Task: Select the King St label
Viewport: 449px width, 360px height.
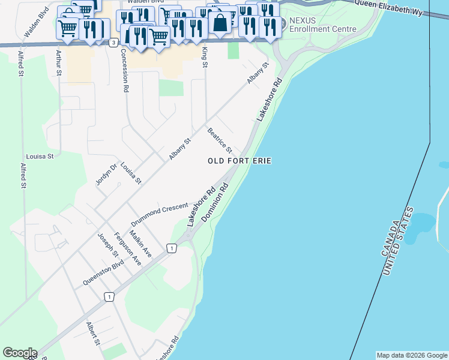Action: (205, 57)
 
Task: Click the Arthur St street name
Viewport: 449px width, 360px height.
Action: (58, 62)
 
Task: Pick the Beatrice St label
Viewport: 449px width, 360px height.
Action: (220, 139)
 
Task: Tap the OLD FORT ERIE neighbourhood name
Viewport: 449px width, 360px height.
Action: (240, 161)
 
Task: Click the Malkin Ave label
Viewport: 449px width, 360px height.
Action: (140, 245)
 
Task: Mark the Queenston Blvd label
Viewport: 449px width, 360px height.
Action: (104, 271)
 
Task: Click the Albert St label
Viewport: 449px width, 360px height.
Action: (92, 333)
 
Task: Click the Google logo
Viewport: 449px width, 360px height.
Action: (20, 353)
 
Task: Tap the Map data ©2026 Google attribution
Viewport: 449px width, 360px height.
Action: (412, 355)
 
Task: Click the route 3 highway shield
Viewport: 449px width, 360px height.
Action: (113, 43)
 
